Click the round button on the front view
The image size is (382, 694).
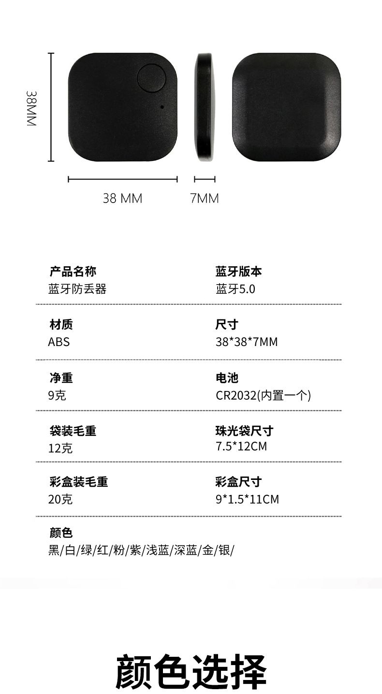click(x=152, y=78)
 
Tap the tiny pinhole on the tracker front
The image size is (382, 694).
click(x=162, y=107)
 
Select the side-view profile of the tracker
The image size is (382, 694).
click(x=205, y=107)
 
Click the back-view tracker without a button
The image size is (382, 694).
click(x=286, y=107)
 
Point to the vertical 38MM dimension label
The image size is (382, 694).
click(x=31, y=108)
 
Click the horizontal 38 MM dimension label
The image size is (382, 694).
click(x=122, y=198)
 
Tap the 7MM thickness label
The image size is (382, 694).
click(x=205, y=198)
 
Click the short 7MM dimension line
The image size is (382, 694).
click(x=205, y=179)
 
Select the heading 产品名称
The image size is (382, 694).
click(x=73, y=272)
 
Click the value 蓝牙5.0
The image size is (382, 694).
click(x=235, y=289)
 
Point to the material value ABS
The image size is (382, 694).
click(x=59, y=342)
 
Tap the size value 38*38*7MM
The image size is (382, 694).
click(x=247, y=342)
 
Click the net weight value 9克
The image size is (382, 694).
click(x=57, y=395)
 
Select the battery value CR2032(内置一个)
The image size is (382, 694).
click(x=263, y=396)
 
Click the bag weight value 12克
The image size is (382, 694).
click(x=60, y=448)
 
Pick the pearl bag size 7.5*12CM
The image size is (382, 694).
click(x=241, y=447)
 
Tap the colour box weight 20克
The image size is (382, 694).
click(x=60, y=499)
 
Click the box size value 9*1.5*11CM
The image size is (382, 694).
click(x=247, y=499)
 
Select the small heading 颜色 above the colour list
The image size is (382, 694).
click(x=61, y=533)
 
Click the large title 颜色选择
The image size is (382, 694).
click(x=191, y=671)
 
